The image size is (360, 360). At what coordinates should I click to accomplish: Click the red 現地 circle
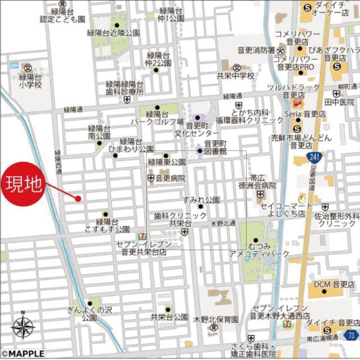tap(24, 184)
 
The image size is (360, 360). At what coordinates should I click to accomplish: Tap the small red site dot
tap(78, 198)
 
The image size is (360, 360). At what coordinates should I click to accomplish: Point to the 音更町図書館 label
tap(214, 147)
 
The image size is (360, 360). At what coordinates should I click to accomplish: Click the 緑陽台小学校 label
tap(30, 81)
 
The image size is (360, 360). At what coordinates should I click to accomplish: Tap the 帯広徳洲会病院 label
tap(258, 182)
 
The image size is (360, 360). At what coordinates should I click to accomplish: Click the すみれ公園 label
tap(201, 200)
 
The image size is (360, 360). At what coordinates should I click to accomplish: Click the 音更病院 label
tap(170, 178)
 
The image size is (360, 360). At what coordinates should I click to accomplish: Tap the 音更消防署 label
tap(256, 50)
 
